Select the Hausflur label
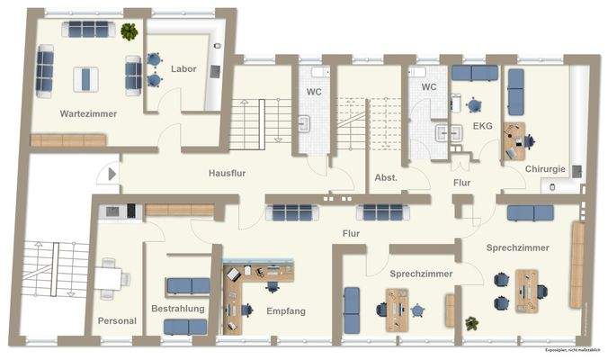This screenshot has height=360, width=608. [229, 173]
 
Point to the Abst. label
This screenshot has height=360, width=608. [386, 178]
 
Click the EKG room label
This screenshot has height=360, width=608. [482, 127]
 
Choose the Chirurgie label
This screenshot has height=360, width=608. [546, 167]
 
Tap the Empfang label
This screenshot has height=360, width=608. [286, 311]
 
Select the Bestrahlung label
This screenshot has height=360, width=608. [177, 309]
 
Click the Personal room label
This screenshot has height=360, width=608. [117, 321]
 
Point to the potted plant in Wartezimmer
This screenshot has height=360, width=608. [130, 32]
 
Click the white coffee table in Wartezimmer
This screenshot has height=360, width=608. [85, 79]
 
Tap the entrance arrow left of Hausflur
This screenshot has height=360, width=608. [111, 175]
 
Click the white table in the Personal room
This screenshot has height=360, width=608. [109, 279]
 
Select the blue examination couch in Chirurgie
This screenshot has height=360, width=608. [517, 92]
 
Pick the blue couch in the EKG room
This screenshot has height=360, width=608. [474, 74]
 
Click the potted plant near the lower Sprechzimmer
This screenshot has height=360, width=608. [470, 322]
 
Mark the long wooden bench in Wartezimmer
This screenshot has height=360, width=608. [68, 140]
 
